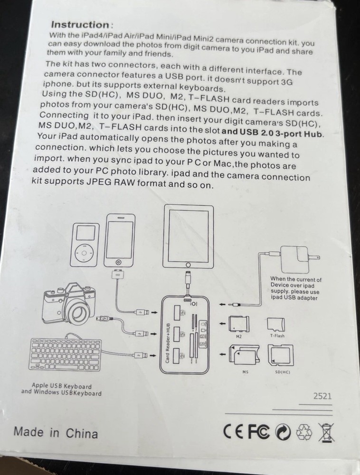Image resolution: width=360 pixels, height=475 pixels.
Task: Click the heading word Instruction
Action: pos(80,25)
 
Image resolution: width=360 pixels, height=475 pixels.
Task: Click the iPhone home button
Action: pos(119,262)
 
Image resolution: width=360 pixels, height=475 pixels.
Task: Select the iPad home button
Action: pos(188,265)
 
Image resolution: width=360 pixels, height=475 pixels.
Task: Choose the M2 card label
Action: pos(238,337)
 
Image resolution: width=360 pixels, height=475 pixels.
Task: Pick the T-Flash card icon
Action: pos(276,325)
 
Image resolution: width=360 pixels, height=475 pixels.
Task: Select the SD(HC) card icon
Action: pos(280,355)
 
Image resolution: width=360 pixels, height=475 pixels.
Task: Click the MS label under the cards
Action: pos(245,372)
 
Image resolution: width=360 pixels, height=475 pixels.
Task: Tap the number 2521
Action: pos(322,396)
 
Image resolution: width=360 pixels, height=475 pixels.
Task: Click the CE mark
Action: pos(234,431)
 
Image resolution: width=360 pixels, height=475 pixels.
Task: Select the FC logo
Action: pos(259,431)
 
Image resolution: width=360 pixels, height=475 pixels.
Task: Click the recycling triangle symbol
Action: pos(303,432)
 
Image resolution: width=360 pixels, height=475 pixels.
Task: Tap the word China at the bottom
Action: pos(82,434)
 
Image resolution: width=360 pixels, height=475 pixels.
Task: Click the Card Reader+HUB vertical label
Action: pos(168,343)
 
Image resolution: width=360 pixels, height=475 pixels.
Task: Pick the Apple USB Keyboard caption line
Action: pos(62,386)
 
